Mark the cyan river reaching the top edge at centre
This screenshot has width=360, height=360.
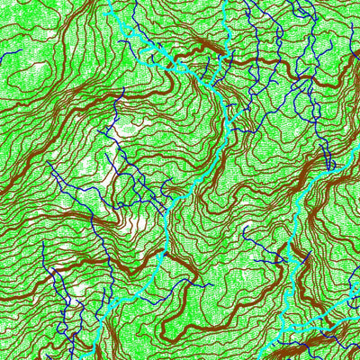click(222, 7)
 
